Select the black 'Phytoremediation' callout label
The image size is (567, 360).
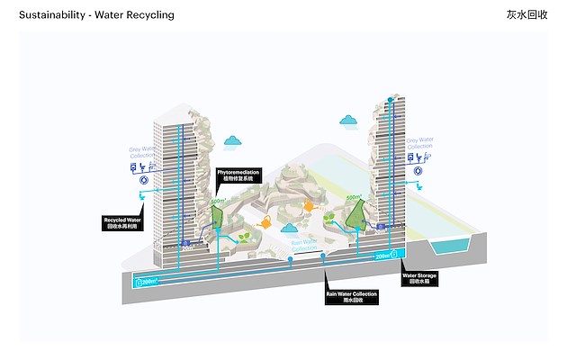point(238,175)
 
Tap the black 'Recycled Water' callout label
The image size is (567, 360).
point(122,221)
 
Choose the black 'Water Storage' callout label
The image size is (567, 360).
point(420,278)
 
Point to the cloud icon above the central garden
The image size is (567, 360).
point(234,140)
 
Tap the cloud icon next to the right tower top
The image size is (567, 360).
point(349,120)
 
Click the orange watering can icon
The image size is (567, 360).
point(265,221)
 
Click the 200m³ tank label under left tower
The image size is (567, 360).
point(146,281)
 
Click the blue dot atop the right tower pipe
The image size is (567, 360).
point(390,100)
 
